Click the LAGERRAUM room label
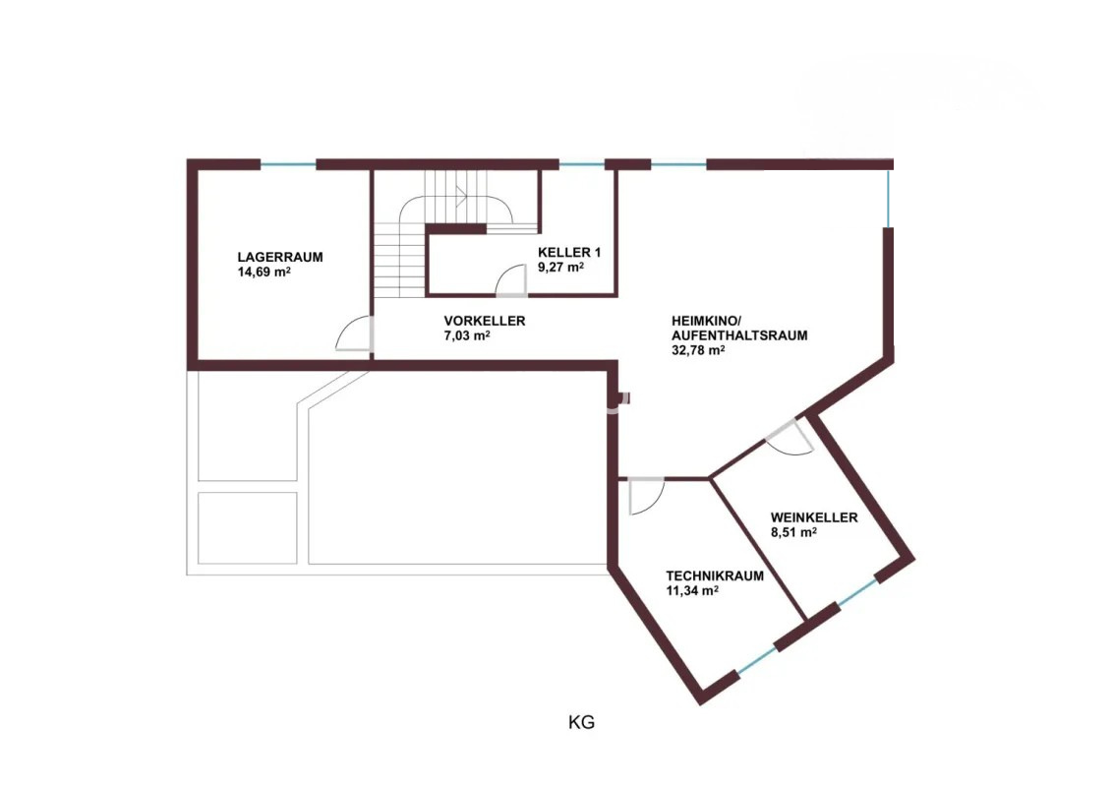[x=280, y=257]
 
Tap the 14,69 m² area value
[x=263, y=272]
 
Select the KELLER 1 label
[x=569, y=252]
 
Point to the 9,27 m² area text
[x=561, y=267]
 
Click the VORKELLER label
[x=485, y=321]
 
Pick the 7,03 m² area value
[x=467, y=335]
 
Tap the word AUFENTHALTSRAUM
[x=739, y=334]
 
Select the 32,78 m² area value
[x=698, y=350]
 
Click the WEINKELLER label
[x=814, y=517]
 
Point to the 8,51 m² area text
[x=793, y=532]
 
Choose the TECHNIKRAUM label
[x=715, y=575]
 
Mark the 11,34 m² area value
[x=692, y=590]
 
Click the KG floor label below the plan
[x=581, y=722]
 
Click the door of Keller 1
[x=511, y=280]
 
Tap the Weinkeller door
[x=790, y=437]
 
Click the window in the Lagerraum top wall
[x=288, y=165]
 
